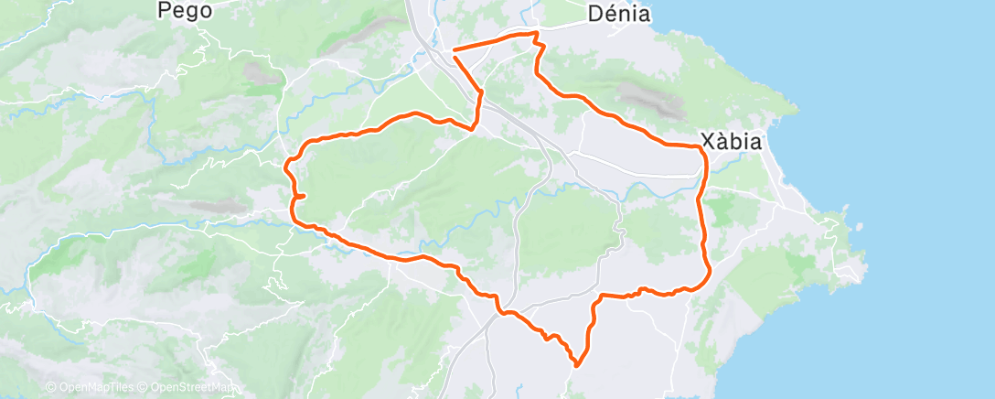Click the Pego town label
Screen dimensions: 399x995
[185, 11]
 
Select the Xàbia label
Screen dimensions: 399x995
[732, 142]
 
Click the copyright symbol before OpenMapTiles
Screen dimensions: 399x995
[51, 388]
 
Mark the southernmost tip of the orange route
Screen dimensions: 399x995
[577, 365]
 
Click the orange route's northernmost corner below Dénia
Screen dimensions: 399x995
[535, 32]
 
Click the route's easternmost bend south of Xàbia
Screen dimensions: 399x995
[711, 270]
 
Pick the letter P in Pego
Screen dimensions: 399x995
[166, 11]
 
